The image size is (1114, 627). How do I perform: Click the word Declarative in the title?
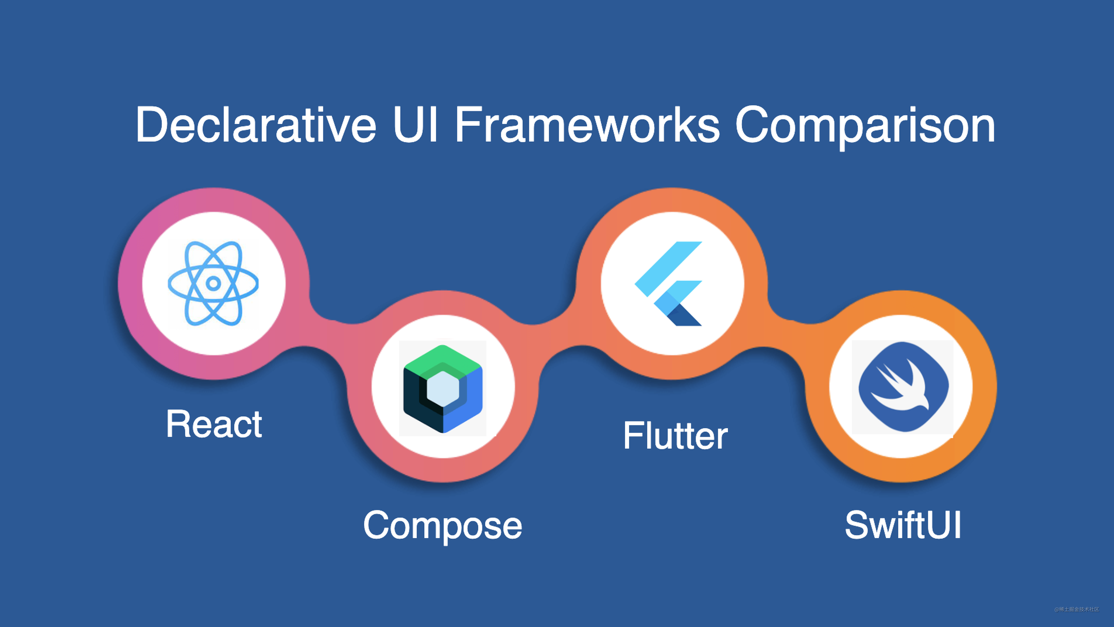pos(255,126)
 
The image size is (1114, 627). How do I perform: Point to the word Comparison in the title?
pos(865,126)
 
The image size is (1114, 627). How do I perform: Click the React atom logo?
pos(213,283)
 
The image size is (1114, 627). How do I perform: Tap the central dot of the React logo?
pos(213,283)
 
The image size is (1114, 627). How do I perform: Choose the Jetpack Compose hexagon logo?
pos(443,388)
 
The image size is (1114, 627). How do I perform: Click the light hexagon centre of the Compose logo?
pos(442,388)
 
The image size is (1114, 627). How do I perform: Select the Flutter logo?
pos(668,283)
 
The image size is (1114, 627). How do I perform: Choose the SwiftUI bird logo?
pos(903,387)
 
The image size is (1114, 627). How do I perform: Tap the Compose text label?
pos(442,526)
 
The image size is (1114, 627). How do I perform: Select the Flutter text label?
pos(675,436)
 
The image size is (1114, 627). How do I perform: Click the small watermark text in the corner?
pos(1076,609)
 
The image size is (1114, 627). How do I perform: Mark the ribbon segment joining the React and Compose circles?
pos(329,333)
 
